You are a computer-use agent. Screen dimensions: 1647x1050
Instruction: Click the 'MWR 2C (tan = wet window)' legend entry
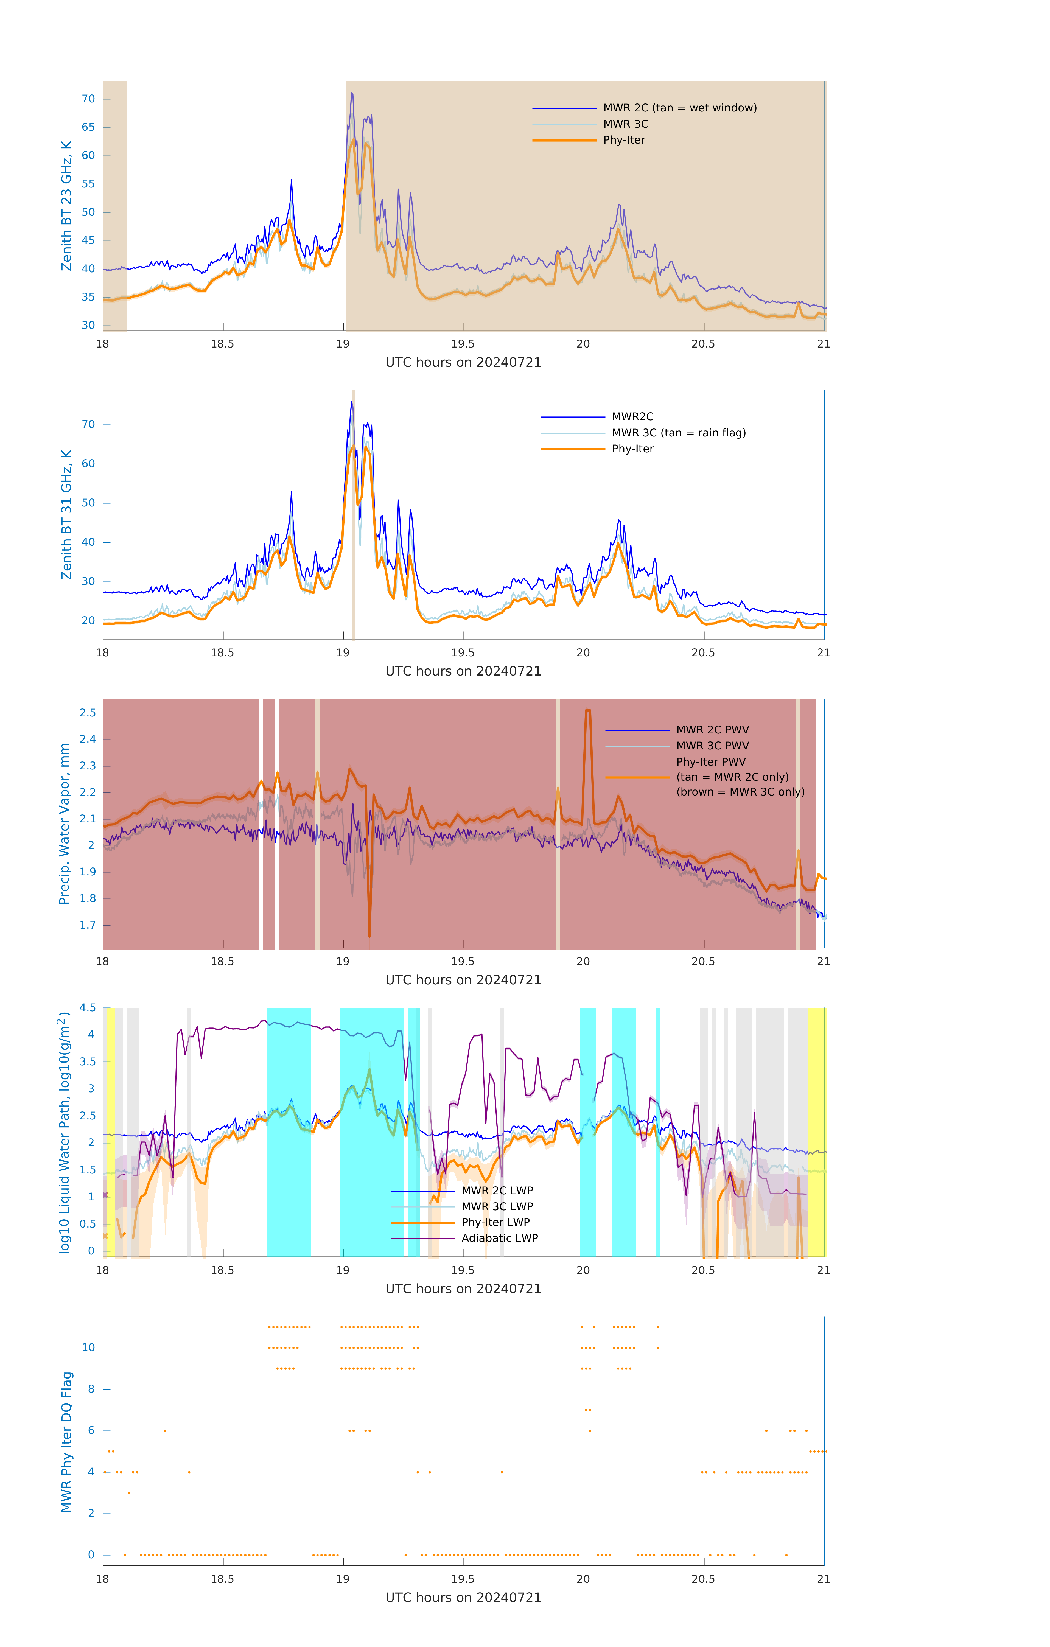click(x=679, y=108)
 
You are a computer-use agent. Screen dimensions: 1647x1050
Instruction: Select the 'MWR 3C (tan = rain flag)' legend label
click(x=678, y=433)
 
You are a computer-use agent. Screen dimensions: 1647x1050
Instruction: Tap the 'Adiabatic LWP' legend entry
click(x=499, y=1238)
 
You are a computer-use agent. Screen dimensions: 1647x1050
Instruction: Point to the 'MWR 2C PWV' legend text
click(x=712, y=730)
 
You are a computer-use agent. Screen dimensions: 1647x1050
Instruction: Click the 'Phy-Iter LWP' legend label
click(x=495, y=1222)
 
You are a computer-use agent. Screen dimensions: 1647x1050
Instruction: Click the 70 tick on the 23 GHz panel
click(x=88, y=99)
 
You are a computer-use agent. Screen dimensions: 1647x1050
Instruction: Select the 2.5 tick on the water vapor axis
click(x=88, y=713)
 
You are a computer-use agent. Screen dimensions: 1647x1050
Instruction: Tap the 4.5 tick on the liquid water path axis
click(x=88, y=1007)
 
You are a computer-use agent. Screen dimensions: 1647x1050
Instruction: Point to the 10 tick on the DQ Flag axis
click(x=88, y=1348)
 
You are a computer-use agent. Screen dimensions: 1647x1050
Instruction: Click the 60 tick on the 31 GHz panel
click(x=88, y=464)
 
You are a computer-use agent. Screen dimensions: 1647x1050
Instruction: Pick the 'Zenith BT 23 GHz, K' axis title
click(x=66, y=206)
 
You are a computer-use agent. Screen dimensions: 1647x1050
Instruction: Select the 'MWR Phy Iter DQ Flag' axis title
click(x=66, y=1442)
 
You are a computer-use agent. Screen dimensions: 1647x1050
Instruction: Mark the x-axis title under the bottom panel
click(x=463, y=1598)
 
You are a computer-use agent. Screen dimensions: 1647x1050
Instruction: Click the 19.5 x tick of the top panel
click(x=463, y=344)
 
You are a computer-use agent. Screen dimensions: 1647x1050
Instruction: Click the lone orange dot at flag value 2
click(x=129, y=1493)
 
